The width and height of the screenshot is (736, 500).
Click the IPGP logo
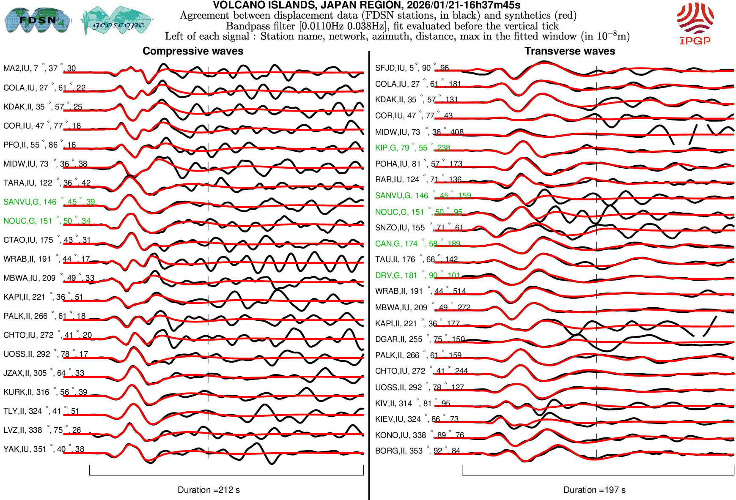coord(695,23)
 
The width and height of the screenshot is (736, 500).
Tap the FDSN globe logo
coord(37,20)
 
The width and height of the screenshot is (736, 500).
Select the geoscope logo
coord(117,21)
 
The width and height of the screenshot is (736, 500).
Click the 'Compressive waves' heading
coord(193,51)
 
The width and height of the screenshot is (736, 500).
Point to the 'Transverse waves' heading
coord(569,51)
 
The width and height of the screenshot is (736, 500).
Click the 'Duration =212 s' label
coord(209,490)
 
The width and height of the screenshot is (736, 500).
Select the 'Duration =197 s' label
coord(594,490)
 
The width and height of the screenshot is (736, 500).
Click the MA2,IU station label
coord(39,68)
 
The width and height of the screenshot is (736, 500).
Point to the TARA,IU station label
coord(47,183)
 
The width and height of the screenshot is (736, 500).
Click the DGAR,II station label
coord(420,339)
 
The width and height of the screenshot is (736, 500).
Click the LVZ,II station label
coord(42,430)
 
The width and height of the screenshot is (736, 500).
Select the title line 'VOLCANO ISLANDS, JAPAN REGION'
coord(366,5)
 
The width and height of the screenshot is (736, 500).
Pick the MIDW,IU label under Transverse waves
coord(419,132)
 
